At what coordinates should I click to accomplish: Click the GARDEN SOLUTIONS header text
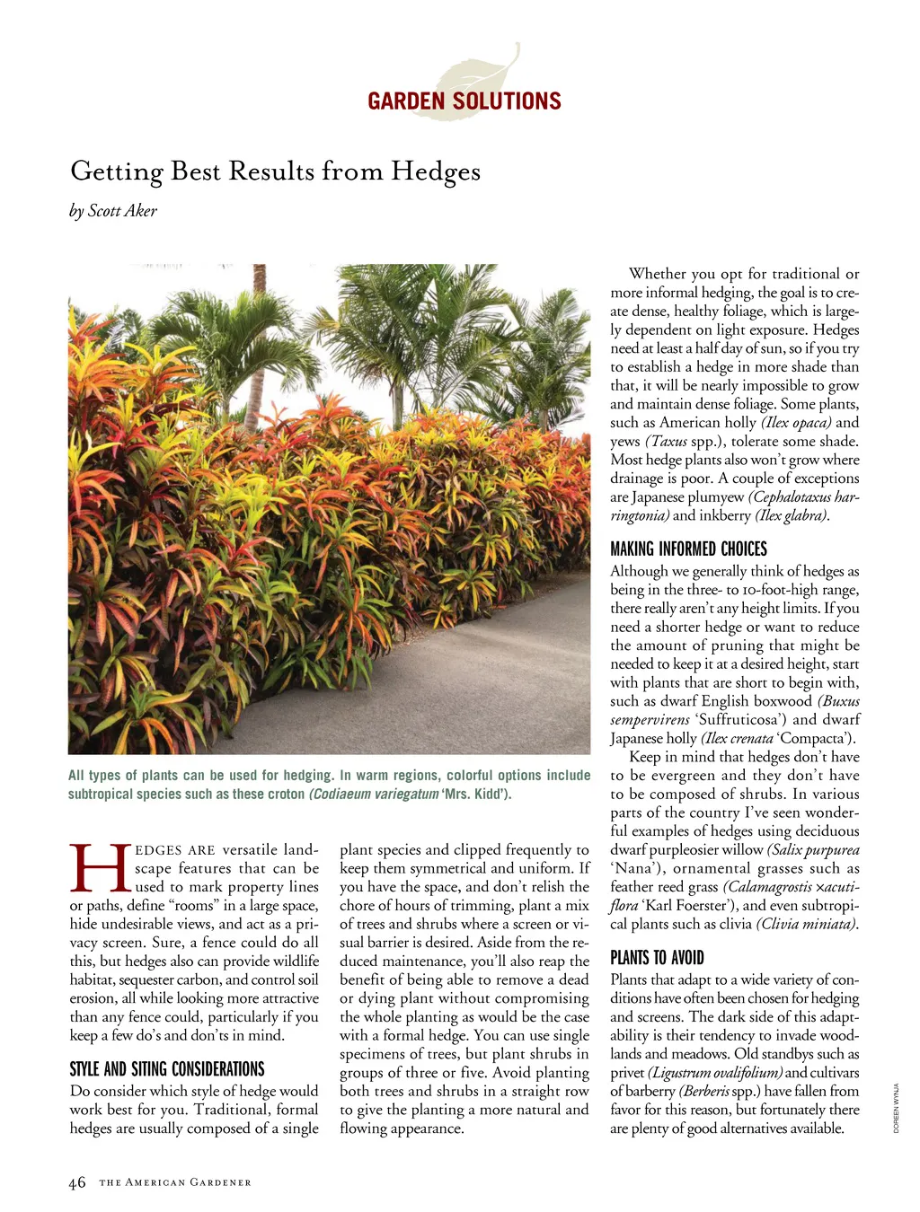[464, 101]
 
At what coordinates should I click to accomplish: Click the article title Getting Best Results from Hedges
[275, 171]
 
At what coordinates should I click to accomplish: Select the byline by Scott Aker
[113, 211]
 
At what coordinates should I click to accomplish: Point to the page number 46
[77, 1182]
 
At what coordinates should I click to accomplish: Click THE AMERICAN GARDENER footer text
[175, 1182]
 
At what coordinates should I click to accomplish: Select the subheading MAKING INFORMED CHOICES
[688, 549]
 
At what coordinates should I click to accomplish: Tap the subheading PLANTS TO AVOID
[657, 957]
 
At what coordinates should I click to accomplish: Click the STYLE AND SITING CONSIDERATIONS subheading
[167, 1068]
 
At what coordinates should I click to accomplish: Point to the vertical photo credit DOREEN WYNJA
[896, 1109]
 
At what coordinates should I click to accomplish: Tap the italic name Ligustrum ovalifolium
[715, 1073]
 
